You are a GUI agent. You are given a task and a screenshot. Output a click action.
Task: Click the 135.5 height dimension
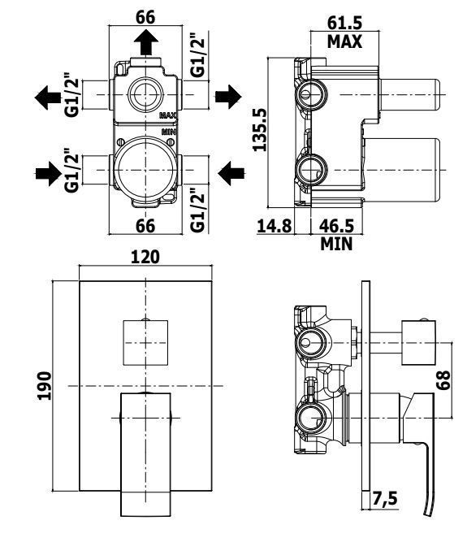(260, 130)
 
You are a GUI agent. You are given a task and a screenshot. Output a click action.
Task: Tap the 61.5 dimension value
(344, 24)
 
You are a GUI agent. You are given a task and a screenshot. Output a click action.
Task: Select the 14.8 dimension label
(275, 226)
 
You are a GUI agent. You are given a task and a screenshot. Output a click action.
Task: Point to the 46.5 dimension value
(336, 226)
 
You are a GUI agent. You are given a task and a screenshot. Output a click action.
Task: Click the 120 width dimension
(145, 257)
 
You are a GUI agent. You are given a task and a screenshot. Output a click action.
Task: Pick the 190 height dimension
(44, 386)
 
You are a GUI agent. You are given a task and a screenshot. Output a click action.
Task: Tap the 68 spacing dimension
(443, 380)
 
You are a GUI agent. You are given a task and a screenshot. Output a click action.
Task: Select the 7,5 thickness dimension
(385, 499)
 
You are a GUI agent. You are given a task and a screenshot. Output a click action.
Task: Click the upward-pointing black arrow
(146, 42)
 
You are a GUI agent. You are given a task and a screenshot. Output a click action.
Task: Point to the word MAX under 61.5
(344, 41)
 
